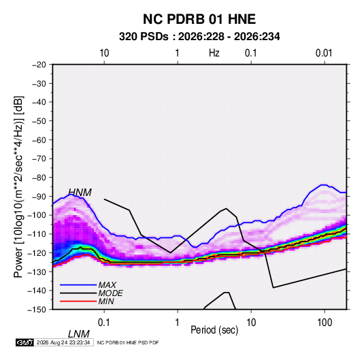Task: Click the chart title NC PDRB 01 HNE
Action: [x=199, y=19]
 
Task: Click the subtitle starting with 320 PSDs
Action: [x=199, y=37]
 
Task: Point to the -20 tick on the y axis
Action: [x=39, y=65]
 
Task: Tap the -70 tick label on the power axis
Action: [x=39, y=159]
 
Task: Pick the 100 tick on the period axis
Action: [x=325, y=323]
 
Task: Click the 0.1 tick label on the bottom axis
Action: [x=104, y=323]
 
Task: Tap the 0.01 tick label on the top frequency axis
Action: [x=324, y=53]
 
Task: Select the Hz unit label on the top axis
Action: [x=214, y=53]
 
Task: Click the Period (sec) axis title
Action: [x=214, y=330]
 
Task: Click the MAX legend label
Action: [x=107, y=285]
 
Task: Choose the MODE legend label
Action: [x=110, y=293]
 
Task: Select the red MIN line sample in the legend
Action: [x=78, y=301]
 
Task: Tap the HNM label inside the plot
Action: [x=80, y=193]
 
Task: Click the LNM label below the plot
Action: [x=79, y=334]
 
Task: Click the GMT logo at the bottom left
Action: [x=25, y=342]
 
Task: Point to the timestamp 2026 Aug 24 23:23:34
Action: [x=63, y=342]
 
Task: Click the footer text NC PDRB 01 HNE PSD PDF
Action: [x=128, y=342]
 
